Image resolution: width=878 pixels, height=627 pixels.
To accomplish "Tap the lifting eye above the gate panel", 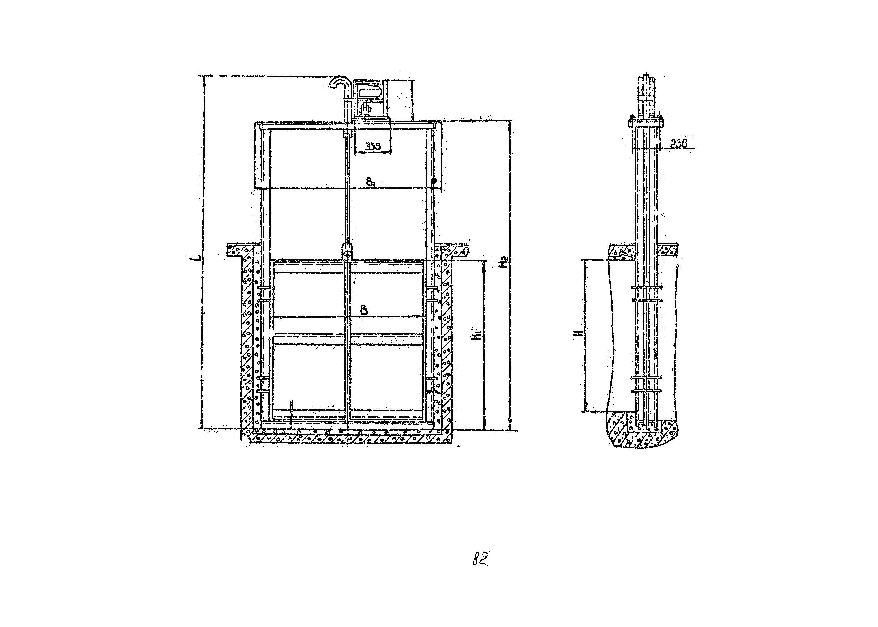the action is click(x=347, y=250).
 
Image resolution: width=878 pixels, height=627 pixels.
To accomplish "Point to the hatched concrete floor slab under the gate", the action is click(x=348, y=439).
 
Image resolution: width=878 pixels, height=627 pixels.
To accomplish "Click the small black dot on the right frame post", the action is click(x=434, y=180).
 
